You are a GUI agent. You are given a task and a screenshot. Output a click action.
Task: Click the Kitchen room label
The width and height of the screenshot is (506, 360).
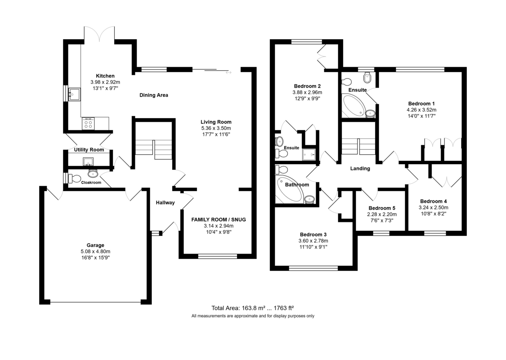click(x=105, y=76)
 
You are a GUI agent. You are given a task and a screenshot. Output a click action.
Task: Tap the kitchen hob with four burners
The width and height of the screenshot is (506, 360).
click(x=88, y=124)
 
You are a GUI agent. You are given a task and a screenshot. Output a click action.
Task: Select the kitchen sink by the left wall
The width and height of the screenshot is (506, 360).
click(x=74, y=94)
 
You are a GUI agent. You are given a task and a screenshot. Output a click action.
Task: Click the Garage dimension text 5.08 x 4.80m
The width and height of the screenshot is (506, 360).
click(x=95, y=251)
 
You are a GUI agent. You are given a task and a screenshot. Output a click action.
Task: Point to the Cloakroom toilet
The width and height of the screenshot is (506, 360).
click(x=74, y=178)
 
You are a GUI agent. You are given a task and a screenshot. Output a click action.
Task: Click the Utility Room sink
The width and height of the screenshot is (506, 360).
click(x=88, y=162)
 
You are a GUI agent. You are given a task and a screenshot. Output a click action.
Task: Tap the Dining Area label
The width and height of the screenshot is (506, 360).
click(x=153, y=95)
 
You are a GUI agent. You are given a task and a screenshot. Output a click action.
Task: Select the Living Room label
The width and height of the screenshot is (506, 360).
click(x=216, y=122)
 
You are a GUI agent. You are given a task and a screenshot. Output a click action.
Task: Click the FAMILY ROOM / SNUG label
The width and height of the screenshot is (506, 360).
click(x=218, y=219)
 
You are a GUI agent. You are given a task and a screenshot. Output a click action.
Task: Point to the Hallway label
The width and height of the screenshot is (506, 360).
click(x=165, y=203)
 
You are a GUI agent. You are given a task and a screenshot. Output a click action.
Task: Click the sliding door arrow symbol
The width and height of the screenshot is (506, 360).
click(x=229, y=72)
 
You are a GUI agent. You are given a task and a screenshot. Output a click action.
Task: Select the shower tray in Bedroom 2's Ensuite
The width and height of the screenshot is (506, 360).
click(x=309, y=154)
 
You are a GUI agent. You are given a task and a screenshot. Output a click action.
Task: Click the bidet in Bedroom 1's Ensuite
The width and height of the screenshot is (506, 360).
click(x=367, y=78)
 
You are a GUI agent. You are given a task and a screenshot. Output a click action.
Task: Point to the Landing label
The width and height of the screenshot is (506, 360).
click(x=360, y=168)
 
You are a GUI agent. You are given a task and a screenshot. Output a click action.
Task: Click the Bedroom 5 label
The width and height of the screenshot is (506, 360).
click(x=382, y=208)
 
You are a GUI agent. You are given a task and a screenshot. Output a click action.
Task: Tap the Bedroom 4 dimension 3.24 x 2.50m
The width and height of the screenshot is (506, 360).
click(x=433, y=207)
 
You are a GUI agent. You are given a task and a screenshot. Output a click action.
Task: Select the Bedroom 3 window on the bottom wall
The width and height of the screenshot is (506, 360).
click(x=313, y=268)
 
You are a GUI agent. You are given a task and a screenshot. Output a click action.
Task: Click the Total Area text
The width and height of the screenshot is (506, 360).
click(x=253, y=308)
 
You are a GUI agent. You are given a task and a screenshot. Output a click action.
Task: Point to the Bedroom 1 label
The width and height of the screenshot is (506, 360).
click(x=421, y=103)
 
